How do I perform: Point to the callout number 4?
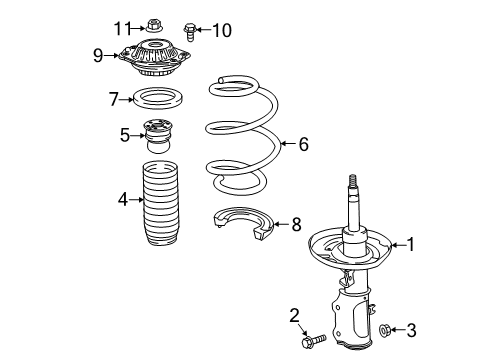point(123,199)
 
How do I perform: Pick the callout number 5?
point(124,133)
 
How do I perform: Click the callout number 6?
point(302,144)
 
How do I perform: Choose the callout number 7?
point(115,98)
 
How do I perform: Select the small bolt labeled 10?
point(191,31)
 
